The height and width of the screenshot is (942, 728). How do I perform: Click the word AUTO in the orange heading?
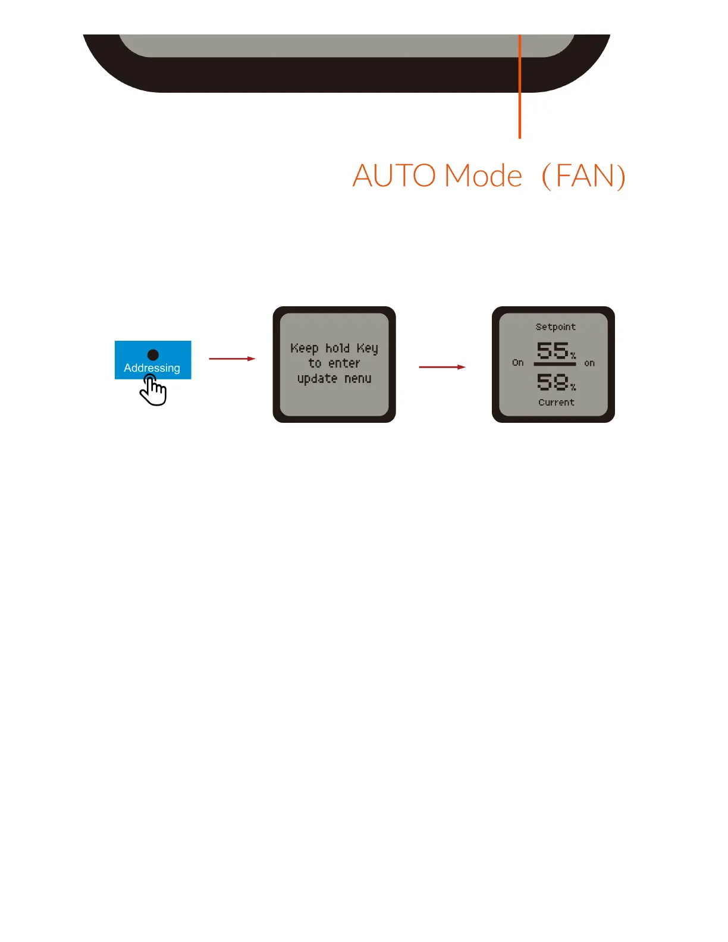(x=394, y=176)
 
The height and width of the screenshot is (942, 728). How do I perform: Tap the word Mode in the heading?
(x=483, y=176)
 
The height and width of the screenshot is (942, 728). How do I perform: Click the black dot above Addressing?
(x=153, y=354)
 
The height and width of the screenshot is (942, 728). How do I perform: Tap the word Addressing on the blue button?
(x=152, y=368)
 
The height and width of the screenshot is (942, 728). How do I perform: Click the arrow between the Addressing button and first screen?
(x=232, y=359)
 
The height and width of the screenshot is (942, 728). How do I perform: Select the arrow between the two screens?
(x=442, y=367)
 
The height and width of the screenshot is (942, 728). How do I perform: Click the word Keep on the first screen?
(x=305, y=348)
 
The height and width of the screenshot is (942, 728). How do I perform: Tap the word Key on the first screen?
(x=367, y=348)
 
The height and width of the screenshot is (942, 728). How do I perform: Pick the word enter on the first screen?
(x=344, y=363)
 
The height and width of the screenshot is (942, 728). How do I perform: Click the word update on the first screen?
(x=317, y=379)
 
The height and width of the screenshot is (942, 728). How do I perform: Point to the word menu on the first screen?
(x=358, y=379)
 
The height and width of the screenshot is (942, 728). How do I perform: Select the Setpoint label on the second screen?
(x=556, y=327)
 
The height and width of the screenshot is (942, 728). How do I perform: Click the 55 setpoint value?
(x=553, y=350)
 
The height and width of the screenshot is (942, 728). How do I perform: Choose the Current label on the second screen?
(x=556, y=403)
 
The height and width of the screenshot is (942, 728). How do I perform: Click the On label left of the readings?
(x=518, y=363)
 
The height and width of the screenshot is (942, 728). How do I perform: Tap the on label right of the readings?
(x=589, y=363)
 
